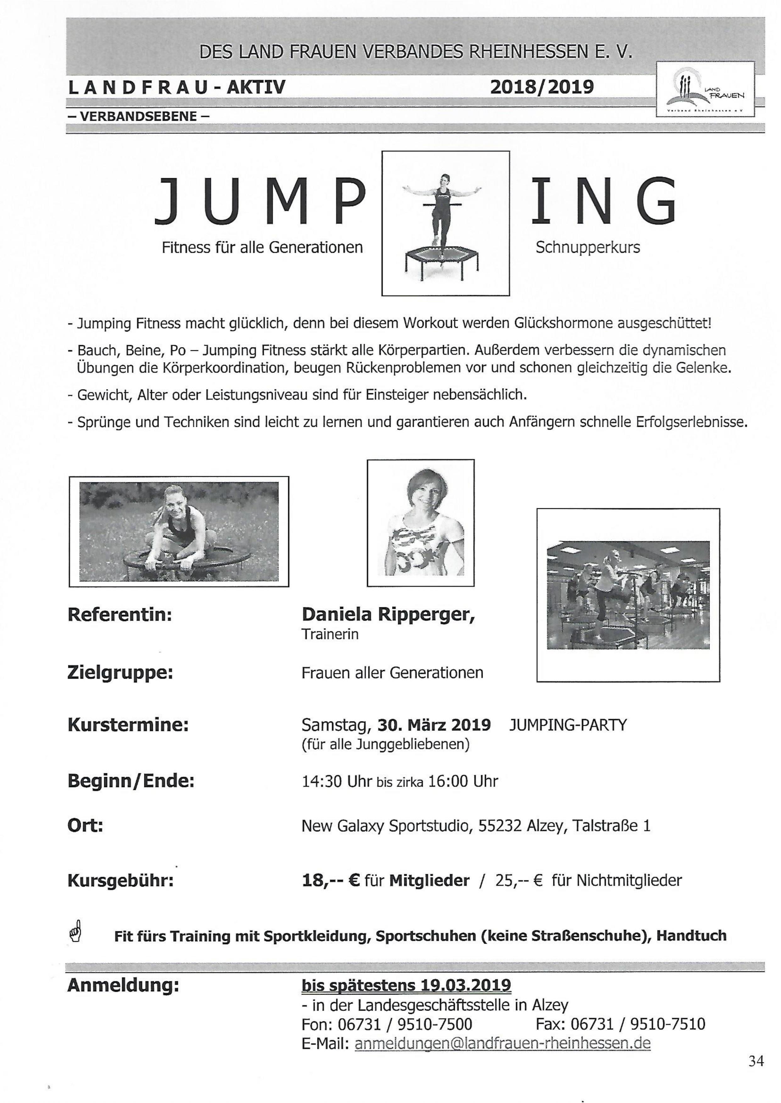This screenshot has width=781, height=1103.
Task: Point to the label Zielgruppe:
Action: pyautogui.click(x=120, y=672)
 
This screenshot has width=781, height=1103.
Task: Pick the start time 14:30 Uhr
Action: pyautogui.click(x=337, y=781)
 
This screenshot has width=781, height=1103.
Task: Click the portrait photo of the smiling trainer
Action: pyautogui.click(x=420, y=523)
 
